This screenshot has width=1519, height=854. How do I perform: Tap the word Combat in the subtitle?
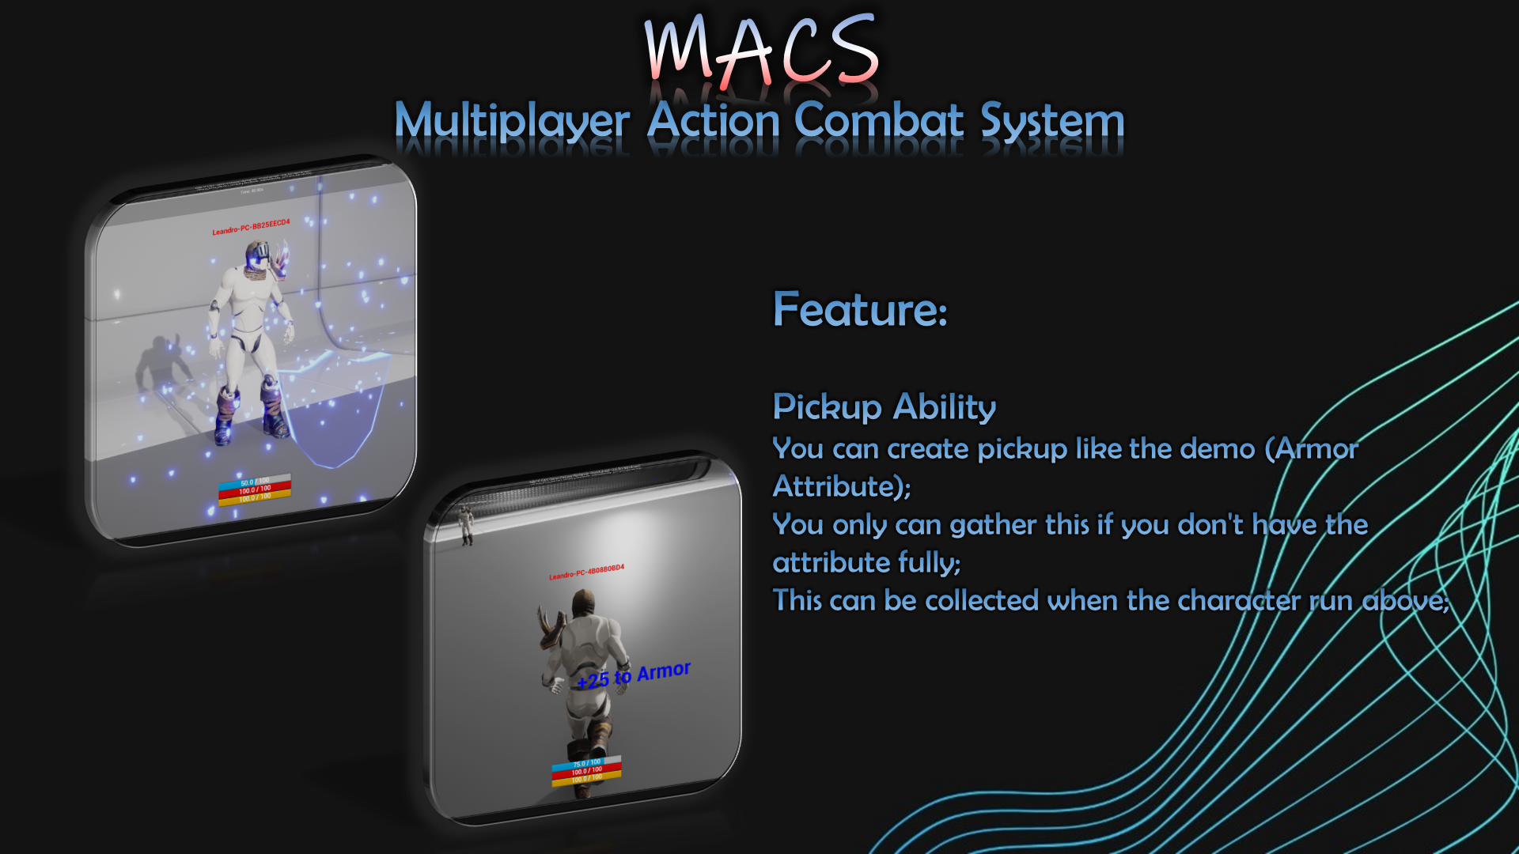tap(879, 121)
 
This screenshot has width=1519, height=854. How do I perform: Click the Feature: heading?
tap(860, 309)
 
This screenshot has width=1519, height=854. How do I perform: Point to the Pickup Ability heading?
tap(884, 407)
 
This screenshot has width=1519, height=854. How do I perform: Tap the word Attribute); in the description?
tap(842, 487)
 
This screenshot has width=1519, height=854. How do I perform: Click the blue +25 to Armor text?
tap(634, 675)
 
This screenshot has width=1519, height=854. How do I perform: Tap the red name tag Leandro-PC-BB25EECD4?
tap(251, 227)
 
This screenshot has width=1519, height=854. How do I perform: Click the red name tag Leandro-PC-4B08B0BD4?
tap(586, 572)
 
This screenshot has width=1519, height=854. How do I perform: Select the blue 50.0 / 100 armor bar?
tap(255, 482)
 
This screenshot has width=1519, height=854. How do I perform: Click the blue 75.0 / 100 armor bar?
tap(586, 763)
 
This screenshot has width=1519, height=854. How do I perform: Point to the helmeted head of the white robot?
tap(258, 257)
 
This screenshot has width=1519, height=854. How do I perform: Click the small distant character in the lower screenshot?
tap(466, 524)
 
